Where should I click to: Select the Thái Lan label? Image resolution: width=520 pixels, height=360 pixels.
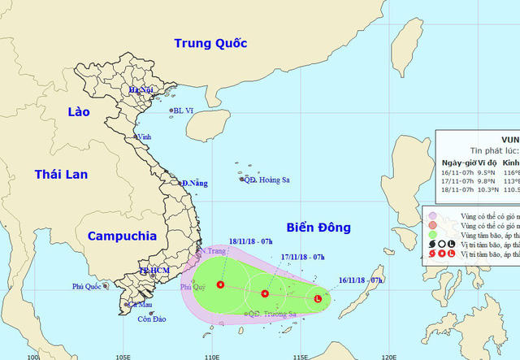pyautogui.click(x=60, y=173)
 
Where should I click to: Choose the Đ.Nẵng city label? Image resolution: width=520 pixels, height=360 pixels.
pyautogui.click(x=195, y=184)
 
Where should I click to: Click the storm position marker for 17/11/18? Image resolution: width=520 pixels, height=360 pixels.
pyautogui.click(x=265, y=293)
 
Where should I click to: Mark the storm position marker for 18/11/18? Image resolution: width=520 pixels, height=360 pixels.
pyautogui.click(x=220, y=284)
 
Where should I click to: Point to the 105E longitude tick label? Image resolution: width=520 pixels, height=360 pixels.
pyautogui.click(x=123, y=356)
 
